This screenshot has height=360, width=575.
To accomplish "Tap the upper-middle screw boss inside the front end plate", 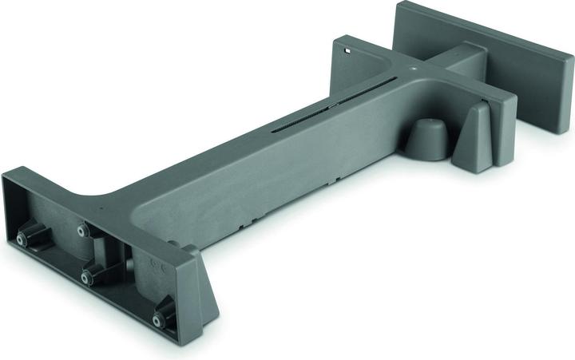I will coord(82,230).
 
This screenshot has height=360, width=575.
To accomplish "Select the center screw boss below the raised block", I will coord(87,277).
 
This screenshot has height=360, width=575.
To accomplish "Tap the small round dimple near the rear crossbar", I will coord(413,69).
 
